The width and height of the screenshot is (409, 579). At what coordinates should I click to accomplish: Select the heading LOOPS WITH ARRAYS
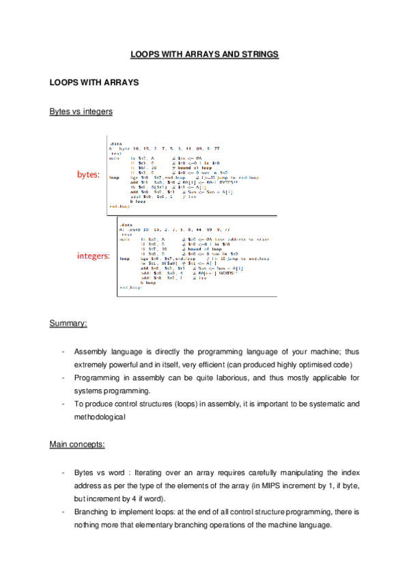(94, 83)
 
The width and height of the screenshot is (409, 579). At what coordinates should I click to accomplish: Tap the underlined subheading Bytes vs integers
(81, 111)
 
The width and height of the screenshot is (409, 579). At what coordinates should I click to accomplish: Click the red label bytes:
(89, 175)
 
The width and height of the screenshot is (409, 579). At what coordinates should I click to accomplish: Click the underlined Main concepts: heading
(76, 444)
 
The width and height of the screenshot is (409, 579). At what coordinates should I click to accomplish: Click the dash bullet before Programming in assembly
(63, 378)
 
